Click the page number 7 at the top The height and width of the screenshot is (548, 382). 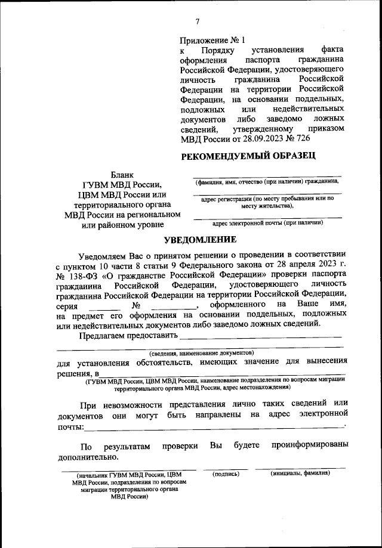[x=198, y=23]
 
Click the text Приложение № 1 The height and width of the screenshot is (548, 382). [x=212, y=40]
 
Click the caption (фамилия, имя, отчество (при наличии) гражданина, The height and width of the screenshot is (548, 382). [x=267, y=181]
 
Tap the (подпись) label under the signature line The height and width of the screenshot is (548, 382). [x=226, y=473]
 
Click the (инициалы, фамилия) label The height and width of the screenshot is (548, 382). [x=300, y=473]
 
